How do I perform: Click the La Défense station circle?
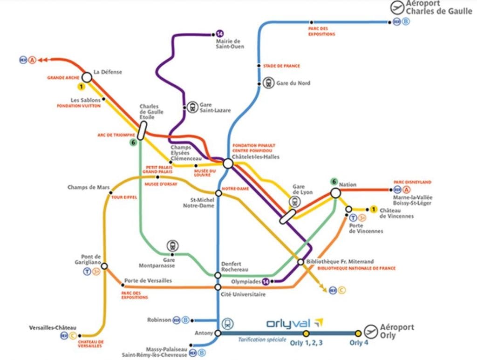[x=87, y=77]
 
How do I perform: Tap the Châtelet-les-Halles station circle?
[x=228, y=164]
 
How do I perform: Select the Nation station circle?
[x=335, y=193]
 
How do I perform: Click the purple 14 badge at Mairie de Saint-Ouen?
[x=220, y=34]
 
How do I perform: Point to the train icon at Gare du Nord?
[x=268, y=83]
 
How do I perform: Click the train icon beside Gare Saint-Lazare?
[x=192, y=107]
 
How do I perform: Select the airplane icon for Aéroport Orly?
[x=371, y=331]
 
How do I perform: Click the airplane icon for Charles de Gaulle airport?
[x=397, y=8]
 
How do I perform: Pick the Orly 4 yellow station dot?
[x=358, y=333]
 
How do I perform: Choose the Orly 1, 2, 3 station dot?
[x=306, y=333]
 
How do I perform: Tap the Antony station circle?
[x=218, y=333]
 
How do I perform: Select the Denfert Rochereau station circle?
[x=218, y=275]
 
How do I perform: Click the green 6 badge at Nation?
[x=334, y=182]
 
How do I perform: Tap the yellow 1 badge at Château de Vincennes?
[x=374, y=209]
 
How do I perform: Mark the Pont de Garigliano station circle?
[x=104, y=266]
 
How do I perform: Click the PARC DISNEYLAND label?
[x=412, y=182]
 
